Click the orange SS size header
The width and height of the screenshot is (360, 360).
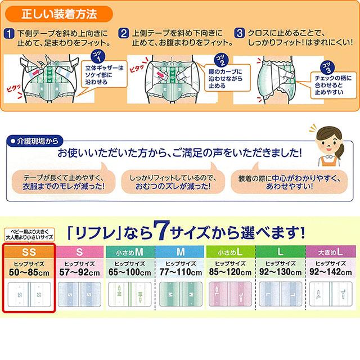(x=28, y=251)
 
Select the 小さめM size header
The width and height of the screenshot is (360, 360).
(x=129, y=251)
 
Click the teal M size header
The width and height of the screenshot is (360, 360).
(x=179, y=251)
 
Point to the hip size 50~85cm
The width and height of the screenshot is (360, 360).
(x=28, y=272)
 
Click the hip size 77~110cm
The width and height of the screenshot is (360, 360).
(x=179, y=272)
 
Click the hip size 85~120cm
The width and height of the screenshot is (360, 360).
(x=229, y=272)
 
